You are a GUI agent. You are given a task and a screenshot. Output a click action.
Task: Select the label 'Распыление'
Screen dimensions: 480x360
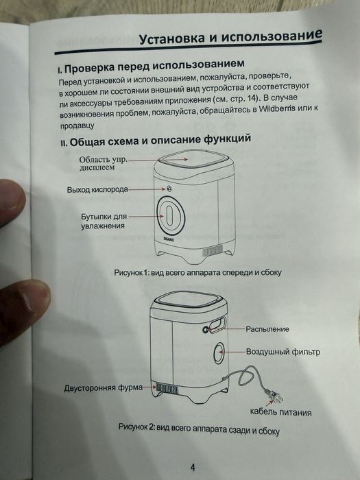pyautogui.click(x=267, y=329)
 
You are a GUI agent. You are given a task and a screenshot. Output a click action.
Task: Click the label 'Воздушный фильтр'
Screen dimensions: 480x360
pyautogui.click(x=283, y=352)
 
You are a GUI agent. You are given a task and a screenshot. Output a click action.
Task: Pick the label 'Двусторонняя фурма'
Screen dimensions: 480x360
pyautogui.click(x=102, y=387)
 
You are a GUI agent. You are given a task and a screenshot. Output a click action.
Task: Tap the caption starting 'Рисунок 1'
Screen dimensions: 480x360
pyautogui.click(x=198, y=272)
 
